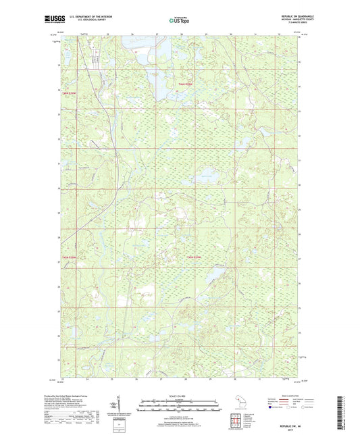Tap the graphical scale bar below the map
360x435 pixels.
tap(180, 407)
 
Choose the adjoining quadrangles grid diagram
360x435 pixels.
tap(238, 419)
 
